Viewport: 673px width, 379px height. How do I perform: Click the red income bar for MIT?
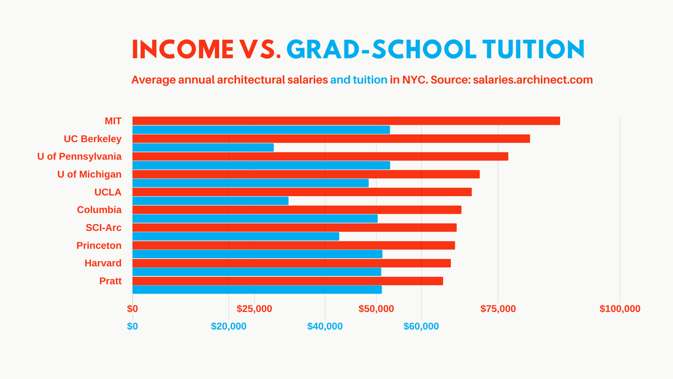tap(346, 121)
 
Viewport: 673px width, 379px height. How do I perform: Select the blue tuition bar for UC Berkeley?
tap(203, 148)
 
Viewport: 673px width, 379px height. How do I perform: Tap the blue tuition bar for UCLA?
tap(210, 201)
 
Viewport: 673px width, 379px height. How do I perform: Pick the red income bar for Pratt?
tap(288, 281)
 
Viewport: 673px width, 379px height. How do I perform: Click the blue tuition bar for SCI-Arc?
tap(236, 236)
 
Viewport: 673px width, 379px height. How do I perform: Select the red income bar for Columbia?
tap(297, 210)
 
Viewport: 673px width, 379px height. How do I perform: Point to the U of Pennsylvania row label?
tap(80, 156)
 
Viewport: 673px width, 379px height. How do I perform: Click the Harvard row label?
tap(103, 263)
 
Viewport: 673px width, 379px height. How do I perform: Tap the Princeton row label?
tap(99, 245)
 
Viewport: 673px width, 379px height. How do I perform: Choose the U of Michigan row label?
tap(89, 174)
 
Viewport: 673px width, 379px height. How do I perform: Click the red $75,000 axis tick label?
tap(498, 309)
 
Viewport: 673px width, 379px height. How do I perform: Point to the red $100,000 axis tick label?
tap(620, 309)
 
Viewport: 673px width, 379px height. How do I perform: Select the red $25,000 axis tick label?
tap(254, 309)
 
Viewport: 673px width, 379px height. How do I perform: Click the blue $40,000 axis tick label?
tap(325, 326)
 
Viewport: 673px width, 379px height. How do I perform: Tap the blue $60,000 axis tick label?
tap(421, 326)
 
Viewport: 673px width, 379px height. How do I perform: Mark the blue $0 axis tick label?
tap(133, 326)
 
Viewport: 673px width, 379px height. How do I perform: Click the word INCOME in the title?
tap(183, 49)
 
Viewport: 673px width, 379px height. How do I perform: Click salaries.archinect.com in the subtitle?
tap(533, 80)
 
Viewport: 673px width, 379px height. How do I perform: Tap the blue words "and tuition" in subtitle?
tap(359, 80)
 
